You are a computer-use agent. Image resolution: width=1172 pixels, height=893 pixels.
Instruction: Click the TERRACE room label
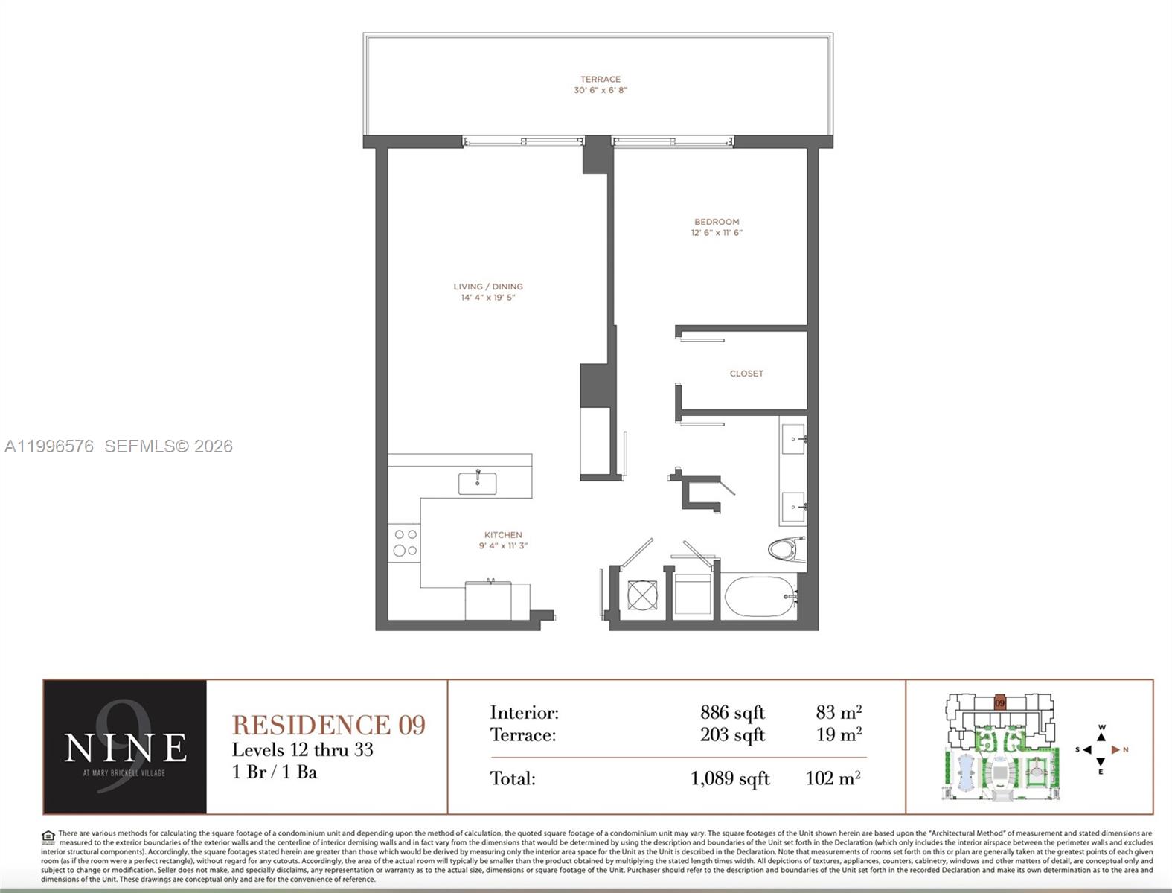(600, 79)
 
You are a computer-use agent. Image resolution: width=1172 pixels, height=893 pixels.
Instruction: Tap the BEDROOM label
(717, 222)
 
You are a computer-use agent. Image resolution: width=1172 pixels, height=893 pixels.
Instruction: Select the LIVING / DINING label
(488, 287)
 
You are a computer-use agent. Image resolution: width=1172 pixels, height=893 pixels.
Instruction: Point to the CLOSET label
(746, 374)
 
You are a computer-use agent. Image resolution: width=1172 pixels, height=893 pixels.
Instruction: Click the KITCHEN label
(503, 535)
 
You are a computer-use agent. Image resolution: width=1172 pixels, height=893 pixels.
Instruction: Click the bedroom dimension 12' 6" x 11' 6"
(717, 233)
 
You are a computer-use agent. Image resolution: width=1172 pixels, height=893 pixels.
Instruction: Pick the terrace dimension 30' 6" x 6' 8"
(600, 90)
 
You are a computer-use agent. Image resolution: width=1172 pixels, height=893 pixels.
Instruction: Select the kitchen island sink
(478, 482)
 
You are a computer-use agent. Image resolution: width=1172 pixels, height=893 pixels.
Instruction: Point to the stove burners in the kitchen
(405, 542)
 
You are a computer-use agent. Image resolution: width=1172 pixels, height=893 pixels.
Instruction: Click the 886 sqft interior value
(732, 713)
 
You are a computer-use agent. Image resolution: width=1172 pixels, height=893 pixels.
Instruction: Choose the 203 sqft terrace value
(732, 735)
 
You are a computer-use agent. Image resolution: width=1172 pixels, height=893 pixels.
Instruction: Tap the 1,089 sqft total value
(730, 779)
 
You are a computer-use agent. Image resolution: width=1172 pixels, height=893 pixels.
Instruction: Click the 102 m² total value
(833, 779)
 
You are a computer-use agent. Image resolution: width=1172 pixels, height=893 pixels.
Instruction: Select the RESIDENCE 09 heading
(329, 724)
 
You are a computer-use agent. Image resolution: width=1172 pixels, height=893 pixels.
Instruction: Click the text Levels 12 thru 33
(302, 749)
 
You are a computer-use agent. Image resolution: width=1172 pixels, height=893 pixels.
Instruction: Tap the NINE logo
(125, 747)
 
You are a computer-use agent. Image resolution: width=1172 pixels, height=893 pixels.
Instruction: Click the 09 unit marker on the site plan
(1000, 702)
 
